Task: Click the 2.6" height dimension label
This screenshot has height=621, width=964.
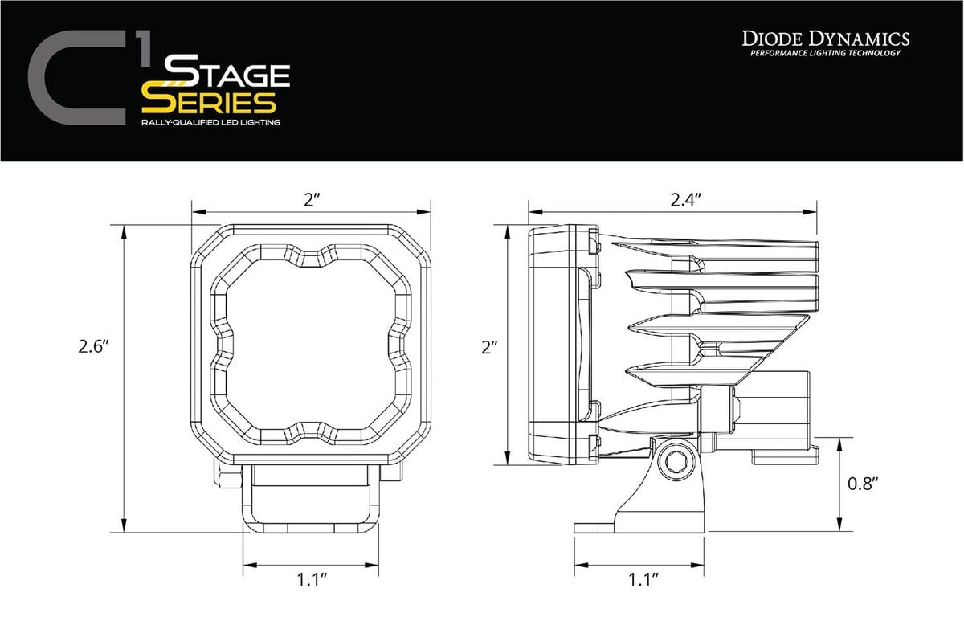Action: coord(93,346)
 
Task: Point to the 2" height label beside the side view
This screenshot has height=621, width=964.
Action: coord(489,347)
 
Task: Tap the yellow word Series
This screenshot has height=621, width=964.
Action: coord(209,102)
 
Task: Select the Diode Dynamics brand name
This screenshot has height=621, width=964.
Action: coord(825,39)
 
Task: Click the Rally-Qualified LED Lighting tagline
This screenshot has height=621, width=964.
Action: coord(210,122)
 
